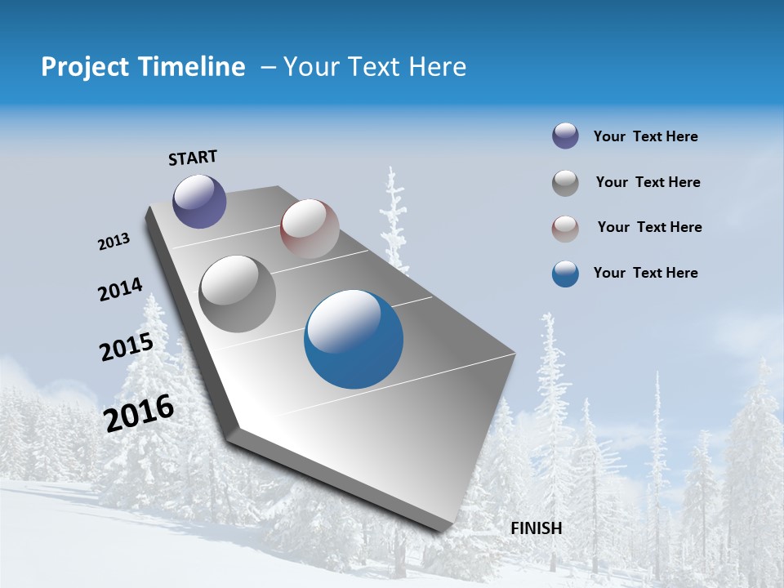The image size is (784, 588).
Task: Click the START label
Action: [x=193, y=158]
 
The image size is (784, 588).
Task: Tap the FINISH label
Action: [x=536, y=528]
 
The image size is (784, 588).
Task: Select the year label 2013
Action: [x=114, y=242]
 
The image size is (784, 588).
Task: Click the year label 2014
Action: [x=120, y=290]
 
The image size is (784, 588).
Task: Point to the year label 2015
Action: [x=126, y=346]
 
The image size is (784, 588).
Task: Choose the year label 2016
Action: [x=139, y=413]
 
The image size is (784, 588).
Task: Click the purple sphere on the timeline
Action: [x=199, y=201]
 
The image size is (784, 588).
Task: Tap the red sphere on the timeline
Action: [x=310, y=229]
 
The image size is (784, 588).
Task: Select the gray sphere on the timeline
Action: [x=238, y=294]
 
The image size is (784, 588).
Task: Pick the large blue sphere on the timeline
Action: [x=354, y=339]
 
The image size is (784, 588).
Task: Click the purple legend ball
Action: [x=565, y=136]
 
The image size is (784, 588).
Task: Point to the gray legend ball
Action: [x=565, y=183]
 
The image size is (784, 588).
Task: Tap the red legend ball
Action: [x=565, y=229]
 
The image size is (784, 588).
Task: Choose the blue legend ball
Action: [x=565, y=274]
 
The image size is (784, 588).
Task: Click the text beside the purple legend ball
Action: [x=645, y=137]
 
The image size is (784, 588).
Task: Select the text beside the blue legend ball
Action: [x=645, y=273]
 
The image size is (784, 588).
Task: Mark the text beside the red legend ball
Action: [x=649, y=227]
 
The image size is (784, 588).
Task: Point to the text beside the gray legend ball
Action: [x=648, y=182]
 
